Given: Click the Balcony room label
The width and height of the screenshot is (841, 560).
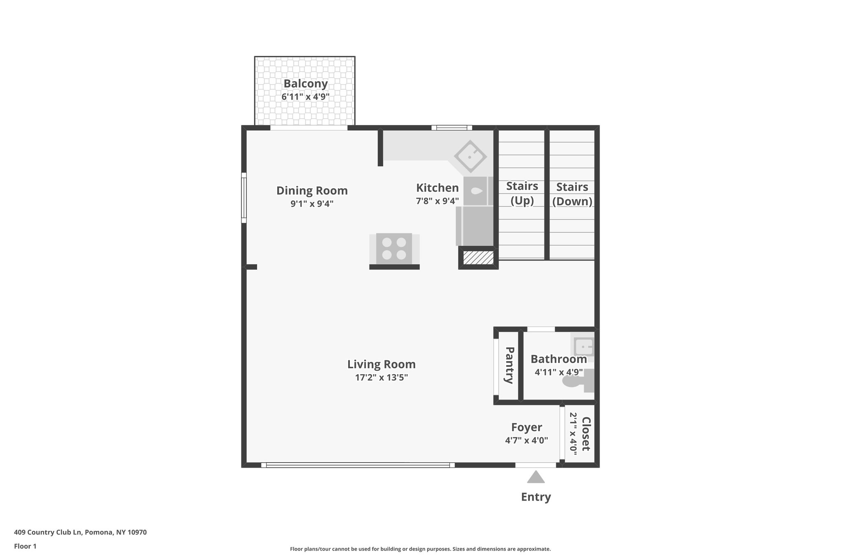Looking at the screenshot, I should tap(306, 84).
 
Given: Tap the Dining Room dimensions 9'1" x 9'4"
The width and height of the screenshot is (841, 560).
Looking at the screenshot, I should tap(312, 204).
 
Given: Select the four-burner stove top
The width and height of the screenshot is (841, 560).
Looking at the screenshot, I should tap(394, 249).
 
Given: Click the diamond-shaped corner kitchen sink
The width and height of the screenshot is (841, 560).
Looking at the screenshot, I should tap(470, 157).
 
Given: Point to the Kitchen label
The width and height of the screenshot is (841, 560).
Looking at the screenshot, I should tap(437, 188).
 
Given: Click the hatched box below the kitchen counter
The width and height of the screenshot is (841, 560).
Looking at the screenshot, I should tap(478, 258).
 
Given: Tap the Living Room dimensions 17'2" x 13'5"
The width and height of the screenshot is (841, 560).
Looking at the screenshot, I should tap(381, 377).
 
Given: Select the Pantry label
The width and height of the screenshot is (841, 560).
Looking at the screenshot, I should tap(509, 366).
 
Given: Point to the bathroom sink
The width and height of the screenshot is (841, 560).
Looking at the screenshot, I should tap(583, 347).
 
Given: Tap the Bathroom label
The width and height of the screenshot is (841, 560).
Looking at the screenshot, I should tap(558, 359).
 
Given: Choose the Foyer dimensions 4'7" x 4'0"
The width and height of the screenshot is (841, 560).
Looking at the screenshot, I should tap(526, 441).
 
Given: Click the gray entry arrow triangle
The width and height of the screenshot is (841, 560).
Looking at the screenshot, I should tap(536, 478).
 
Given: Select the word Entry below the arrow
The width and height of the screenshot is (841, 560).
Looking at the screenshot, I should tap(536, 497).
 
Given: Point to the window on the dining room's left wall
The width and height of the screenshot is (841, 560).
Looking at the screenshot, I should tap(244, 198).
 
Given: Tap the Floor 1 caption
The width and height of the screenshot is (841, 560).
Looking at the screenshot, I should tap(25, 546).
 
